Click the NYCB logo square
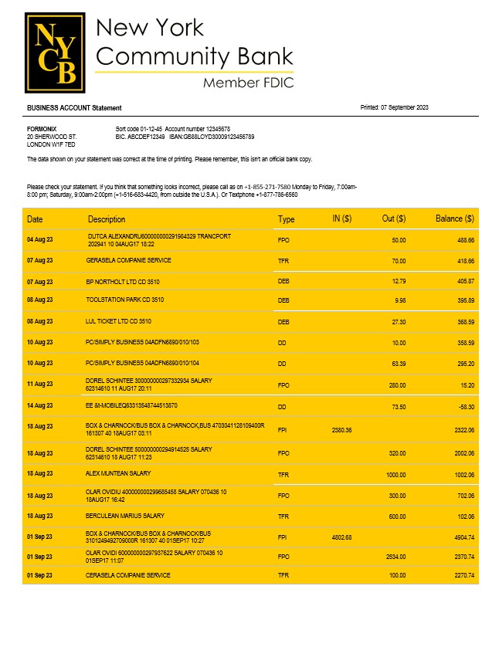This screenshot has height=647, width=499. (x=55, y=53)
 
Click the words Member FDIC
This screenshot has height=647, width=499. (x=248, y=83)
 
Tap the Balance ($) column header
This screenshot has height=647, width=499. (x=454, y=219)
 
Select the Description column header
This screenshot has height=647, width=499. (x=107, y=219)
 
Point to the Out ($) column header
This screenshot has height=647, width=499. (x=394, y=219)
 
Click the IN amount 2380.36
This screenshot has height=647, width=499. (x=341, y=430)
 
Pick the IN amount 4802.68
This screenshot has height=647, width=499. (x=341, y=537)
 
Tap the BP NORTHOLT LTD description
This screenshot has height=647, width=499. (x=117, y=282)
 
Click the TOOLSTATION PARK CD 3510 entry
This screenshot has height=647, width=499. (x=125, y=300)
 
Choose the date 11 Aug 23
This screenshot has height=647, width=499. (x=40, y=384)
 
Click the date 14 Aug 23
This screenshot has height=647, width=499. (x=40, y=405)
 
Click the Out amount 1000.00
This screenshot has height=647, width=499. (x=395, y=474)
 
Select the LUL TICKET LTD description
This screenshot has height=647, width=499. (x=118, y=320)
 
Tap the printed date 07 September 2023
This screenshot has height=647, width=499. (x=405, y=107)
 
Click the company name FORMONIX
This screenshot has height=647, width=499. (x=41, y=128)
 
